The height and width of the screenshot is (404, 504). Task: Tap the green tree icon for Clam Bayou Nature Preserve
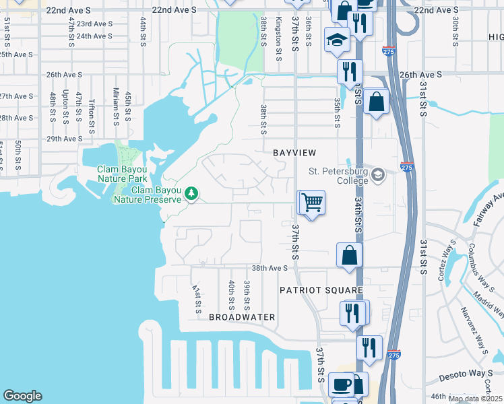coord(192,194)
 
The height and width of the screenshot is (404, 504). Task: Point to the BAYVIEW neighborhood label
coord(294,154)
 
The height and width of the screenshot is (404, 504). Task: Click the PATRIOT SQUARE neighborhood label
coord(321,290)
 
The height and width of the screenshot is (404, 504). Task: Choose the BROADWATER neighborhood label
coord(242,316)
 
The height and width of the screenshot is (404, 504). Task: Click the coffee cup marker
coord(342,384)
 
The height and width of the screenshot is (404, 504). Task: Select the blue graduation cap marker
coord(336,40)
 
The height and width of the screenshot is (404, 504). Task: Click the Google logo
coord(22,396)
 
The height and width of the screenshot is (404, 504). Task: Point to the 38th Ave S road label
coord(270,268)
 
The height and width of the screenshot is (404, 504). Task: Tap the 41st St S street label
coord(198,299)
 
